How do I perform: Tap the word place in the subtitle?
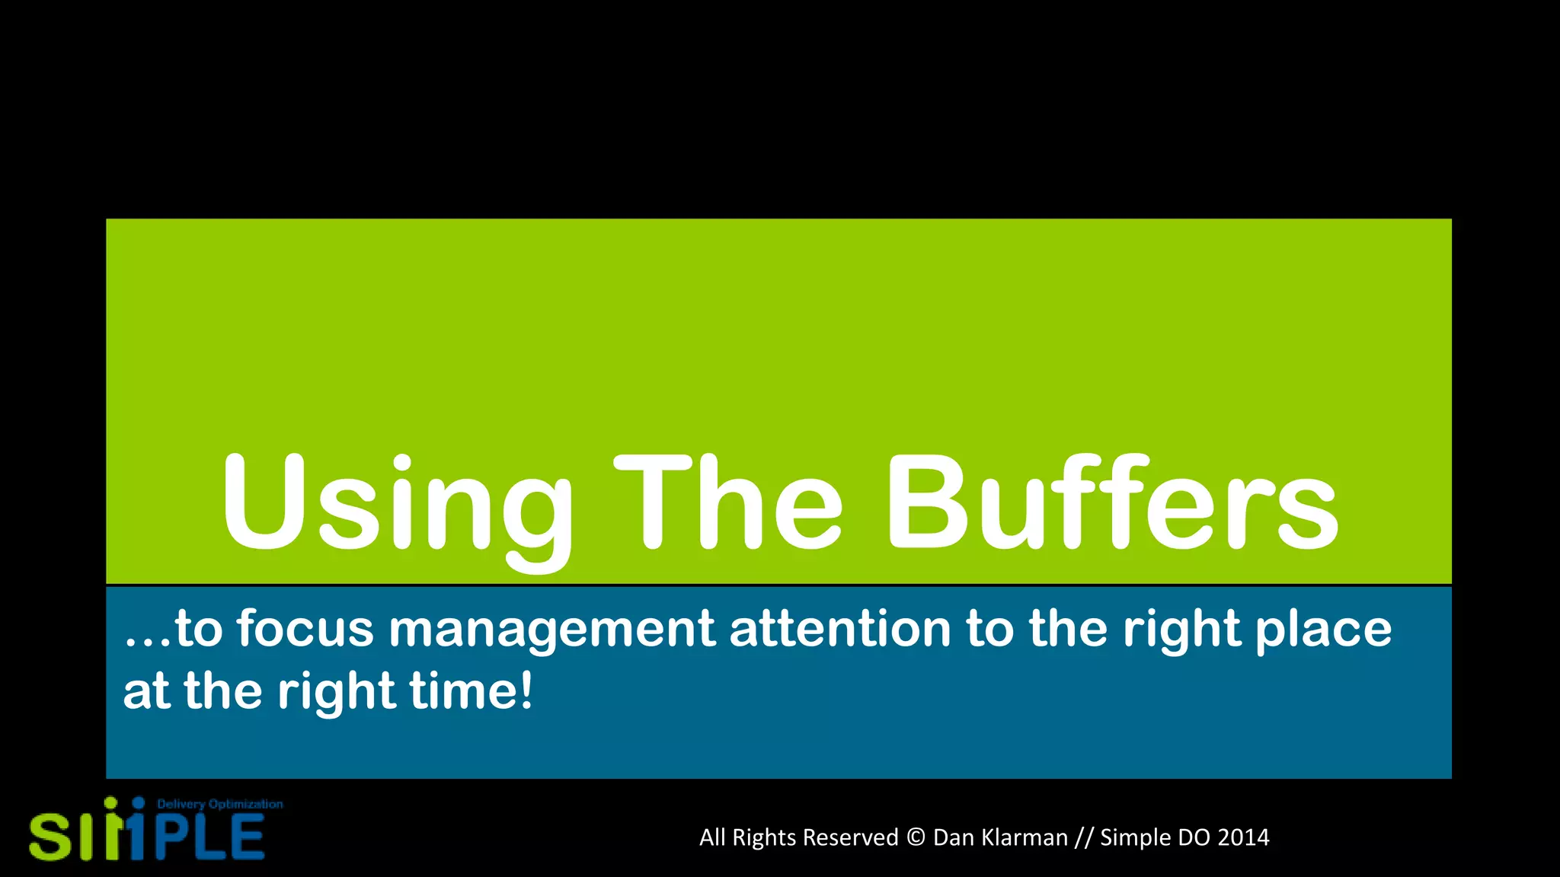(1323, 630)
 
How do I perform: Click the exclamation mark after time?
(526, 690)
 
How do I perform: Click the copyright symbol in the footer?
(916, 837)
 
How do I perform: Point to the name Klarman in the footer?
(1025, 837)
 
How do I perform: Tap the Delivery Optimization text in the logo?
(219, 804)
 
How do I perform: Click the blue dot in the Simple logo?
(139, 802)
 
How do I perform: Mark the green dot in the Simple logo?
(110, 802)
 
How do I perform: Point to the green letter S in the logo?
(50, 837)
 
